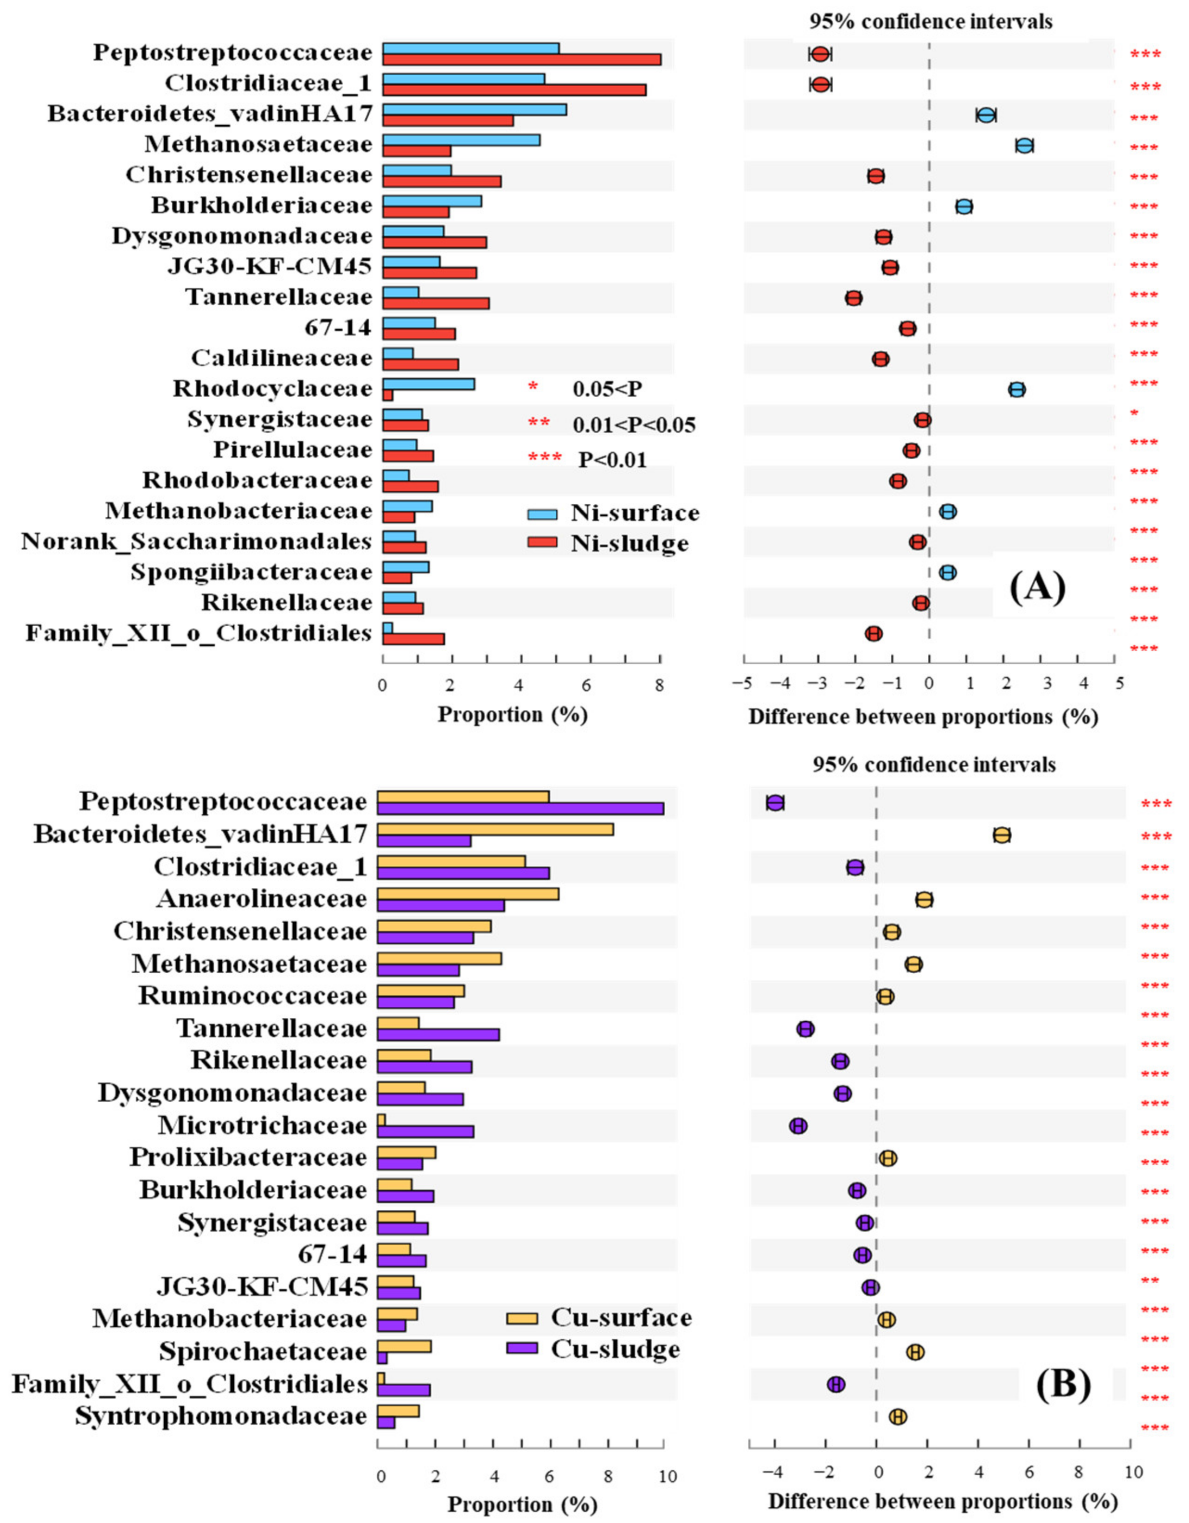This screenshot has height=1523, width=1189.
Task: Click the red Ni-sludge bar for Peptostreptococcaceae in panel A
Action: (521, 59)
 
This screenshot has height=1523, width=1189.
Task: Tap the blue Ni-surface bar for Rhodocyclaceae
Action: (428, 384)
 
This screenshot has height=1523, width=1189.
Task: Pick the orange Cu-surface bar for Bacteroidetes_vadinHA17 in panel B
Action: (495, 829)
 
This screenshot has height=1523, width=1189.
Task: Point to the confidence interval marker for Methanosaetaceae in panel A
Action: (1024, 146)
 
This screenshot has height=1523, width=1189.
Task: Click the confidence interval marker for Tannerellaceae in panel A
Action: (854, 298)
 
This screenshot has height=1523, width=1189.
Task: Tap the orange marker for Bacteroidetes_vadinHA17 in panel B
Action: (1002, 835)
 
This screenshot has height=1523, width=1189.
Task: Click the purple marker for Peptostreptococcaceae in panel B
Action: (775, 803)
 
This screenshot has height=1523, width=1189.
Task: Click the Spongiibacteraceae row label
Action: (251, 572)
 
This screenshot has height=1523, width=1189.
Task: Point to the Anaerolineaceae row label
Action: (262, 900)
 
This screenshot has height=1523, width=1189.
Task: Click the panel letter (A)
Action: (1038, 587)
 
